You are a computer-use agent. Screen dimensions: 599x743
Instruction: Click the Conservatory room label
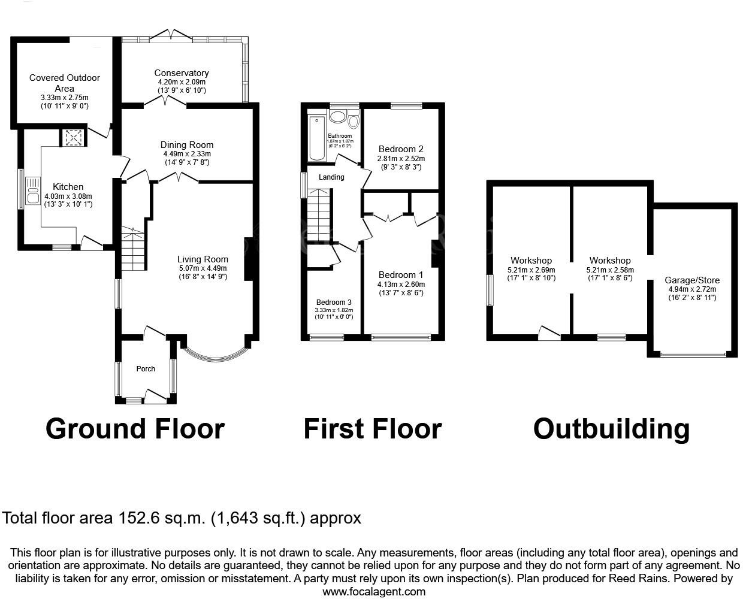pos(182,73)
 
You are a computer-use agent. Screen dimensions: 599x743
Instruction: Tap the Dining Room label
pos(187,145)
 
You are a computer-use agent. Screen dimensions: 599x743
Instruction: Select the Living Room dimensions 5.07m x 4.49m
pos(203,268)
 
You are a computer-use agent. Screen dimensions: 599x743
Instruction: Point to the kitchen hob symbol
pos(74,138)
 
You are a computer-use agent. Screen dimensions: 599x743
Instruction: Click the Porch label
pos(146,368)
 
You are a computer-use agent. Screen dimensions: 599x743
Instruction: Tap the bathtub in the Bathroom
pos(316,138)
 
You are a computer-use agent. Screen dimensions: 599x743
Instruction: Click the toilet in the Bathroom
pos(353,122)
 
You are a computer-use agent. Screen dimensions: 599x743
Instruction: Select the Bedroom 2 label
pos(401,149)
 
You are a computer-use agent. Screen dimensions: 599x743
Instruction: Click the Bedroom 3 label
pos(334,302)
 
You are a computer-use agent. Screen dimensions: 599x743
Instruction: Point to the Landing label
pos(331,177)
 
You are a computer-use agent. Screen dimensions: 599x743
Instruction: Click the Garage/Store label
pos(692,280)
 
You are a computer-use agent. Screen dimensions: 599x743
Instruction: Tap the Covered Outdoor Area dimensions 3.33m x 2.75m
pos(64,98)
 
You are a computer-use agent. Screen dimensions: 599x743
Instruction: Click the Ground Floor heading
pos(135,429)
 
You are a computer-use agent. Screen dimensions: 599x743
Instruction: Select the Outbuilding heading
pos(611,429)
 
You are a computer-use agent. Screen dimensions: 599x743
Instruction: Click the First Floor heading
pos(372,429)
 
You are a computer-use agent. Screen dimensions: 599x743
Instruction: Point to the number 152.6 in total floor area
pos(137,518)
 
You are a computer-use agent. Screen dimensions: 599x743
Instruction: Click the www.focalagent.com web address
pos(374,591)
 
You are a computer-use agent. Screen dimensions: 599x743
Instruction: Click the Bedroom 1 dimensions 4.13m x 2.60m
pos(401,285)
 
